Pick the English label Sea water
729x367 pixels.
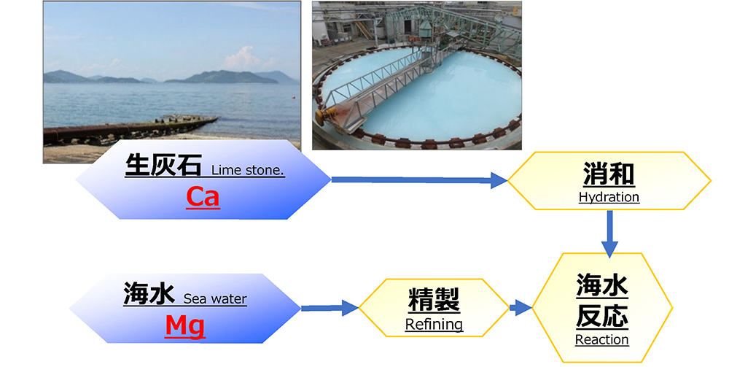pyautogui.click(x=215, y=298)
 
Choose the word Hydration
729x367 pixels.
pyautogui.click(x=609, y=197)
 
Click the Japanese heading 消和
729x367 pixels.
pyautogui.click(x=609, y=175)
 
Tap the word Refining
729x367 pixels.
pyautogui.click(x=434, y=325)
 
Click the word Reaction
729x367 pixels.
pyautogui.click(x=601, y=339)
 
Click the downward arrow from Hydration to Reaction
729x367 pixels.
pyautogui.click(x=610, y=235)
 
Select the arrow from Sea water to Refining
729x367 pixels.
pyautogui.click(x=328, y=308)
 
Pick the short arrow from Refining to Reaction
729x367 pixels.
pyautogui.click(x=520, y=308)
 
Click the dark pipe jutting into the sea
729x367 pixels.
pyautogui.click(x=131, y=131)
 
